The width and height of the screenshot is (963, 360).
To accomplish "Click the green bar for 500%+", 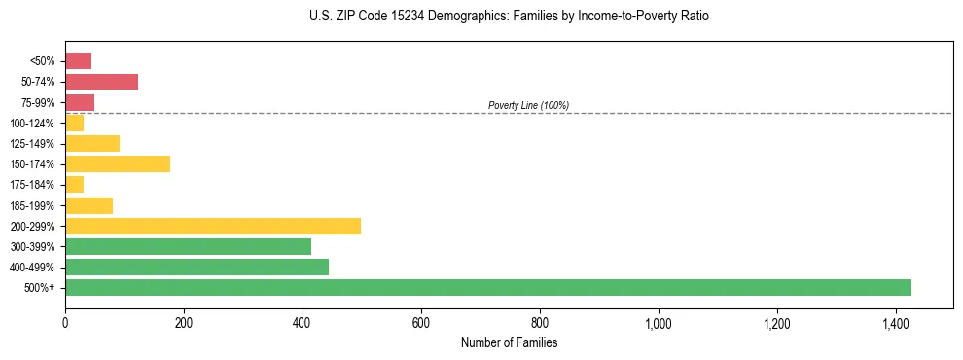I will [487, 287].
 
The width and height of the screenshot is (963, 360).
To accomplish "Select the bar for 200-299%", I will [213, 226].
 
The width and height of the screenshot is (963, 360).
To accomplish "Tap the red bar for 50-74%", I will [101, 82].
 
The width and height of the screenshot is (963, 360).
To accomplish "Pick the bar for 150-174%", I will [118, 163].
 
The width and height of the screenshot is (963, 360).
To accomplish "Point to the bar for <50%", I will [78, 61].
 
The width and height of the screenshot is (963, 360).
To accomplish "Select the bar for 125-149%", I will [92, 143].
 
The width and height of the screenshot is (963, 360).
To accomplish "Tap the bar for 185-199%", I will [89, 205].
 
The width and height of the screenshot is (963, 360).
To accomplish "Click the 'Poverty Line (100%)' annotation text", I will [528, 105].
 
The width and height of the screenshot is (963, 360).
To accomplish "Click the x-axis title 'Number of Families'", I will [509, 342].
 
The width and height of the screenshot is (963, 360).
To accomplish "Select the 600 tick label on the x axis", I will [421, 322].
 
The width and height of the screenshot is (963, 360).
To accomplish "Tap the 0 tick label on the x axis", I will [65, 322].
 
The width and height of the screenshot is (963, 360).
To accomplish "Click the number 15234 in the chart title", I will [381, 17].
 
